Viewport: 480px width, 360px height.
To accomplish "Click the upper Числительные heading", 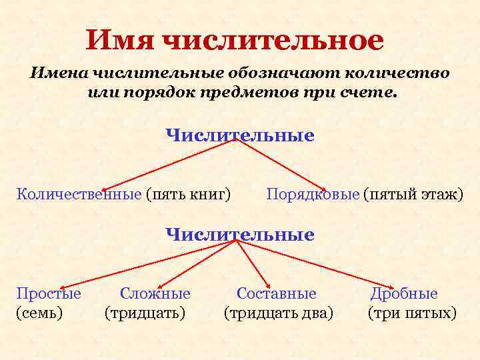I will pyautogui.click(x=240, y=135).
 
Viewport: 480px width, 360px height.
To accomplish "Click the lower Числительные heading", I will pyautogui.click(x=240, y=234).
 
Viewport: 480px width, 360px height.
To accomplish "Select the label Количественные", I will pyautogui.click(x=79, y=194).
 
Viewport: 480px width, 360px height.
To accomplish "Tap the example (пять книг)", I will pyautogui.click(x=189, y=194).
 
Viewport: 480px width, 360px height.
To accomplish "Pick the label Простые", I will pyautogui.click(x=49, y=293).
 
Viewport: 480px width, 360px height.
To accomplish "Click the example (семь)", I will pyautogui.click(x=39, y=312).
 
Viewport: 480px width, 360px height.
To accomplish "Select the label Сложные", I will pyautogui.click(x=155, y=293).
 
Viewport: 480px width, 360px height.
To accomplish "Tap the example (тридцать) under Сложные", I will pyautogui.click(x=145, y=312).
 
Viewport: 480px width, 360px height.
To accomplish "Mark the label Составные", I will pyautogui.click(x=277, y=293).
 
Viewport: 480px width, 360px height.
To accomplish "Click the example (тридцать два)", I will pyautogui.click(x=279, y=312).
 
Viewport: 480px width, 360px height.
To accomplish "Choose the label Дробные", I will pyautogui.click(x=404, y=293).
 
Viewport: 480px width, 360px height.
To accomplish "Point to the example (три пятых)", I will pyautogui.click(x=412, y=312).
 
